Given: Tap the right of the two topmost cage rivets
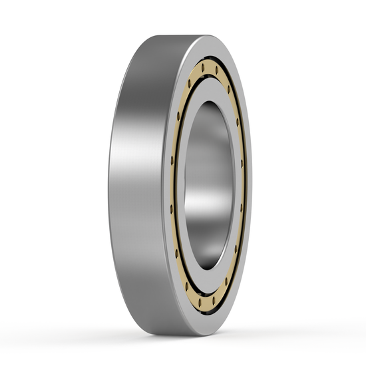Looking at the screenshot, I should [217, 69].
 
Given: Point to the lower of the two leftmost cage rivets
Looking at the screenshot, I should [172, 208].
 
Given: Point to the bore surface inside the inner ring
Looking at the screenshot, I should [200, 166].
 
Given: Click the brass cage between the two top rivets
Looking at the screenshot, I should [209, 67].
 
